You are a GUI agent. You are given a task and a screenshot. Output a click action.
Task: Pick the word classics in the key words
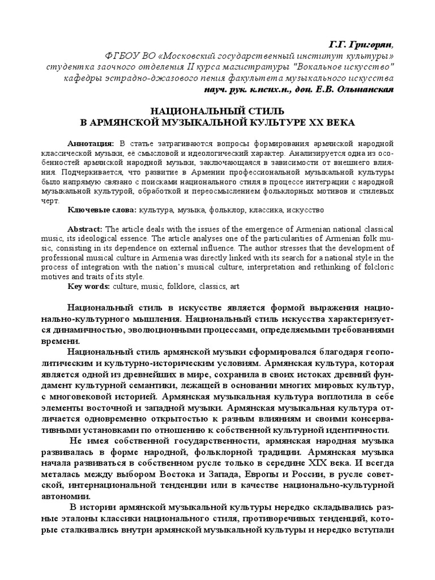211,287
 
